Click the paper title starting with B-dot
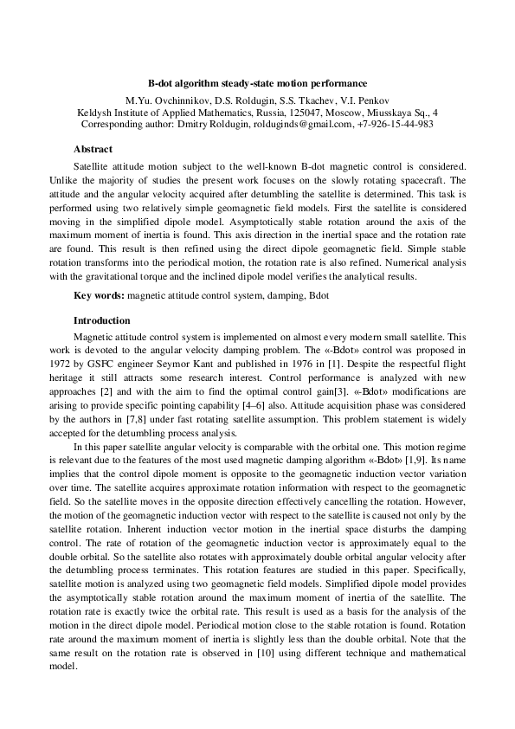(257, 83)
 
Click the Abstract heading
(93, 149)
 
